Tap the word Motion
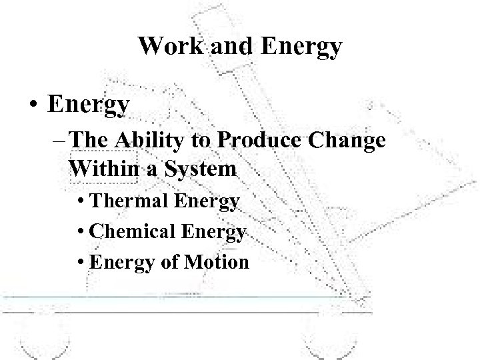pyautogui.click(x=217, y=262)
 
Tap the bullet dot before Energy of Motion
pyautogui.click(x=83, y=262)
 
